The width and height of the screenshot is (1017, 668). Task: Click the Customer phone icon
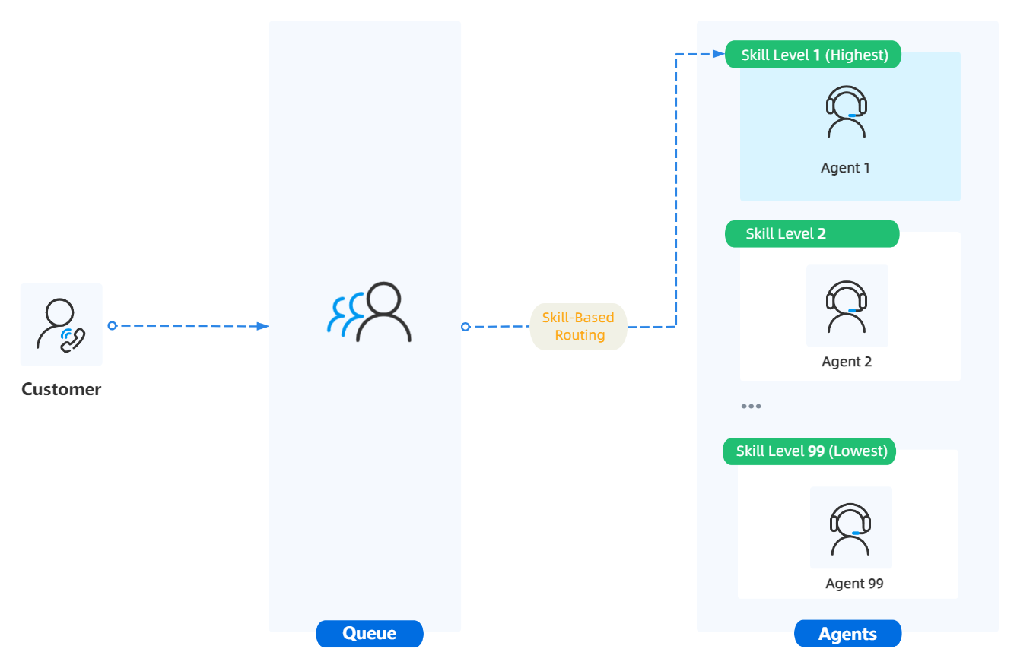tap(61, 325)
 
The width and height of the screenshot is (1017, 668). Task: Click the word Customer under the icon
tap(61, 390)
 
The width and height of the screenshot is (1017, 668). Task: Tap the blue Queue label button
tap(370, 634)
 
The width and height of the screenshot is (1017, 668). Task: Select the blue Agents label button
tap(847, 634)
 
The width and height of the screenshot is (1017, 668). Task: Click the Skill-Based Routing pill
tap(579, 327)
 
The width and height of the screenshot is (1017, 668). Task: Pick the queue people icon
tap(370, 312)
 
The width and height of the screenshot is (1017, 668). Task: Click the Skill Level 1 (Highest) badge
tap(813, 55)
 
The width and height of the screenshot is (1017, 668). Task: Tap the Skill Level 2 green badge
tap(812, 234)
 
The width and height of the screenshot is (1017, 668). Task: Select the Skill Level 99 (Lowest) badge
tap(810, 451)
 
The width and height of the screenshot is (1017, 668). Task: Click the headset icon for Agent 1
tap(846, 112)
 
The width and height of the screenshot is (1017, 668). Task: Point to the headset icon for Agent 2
tap(847, 307)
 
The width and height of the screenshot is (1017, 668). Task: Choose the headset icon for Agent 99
tap(850, 529)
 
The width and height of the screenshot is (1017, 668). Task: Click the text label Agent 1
tap(845, 168)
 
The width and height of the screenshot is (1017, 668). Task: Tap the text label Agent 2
tap(847, 362)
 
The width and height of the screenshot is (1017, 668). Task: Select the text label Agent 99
tap(854, 584)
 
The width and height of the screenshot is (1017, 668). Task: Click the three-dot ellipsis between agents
tap(751, 407)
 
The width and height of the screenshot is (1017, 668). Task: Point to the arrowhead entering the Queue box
tap(263, 326)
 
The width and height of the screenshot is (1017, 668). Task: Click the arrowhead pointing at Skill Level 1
tap(717, 54)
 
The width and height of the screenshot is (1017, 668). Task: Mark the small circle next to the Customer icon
tap(112, 325)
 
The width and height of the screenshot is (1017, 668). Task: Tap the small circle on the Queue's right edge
tap(465, 327)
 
